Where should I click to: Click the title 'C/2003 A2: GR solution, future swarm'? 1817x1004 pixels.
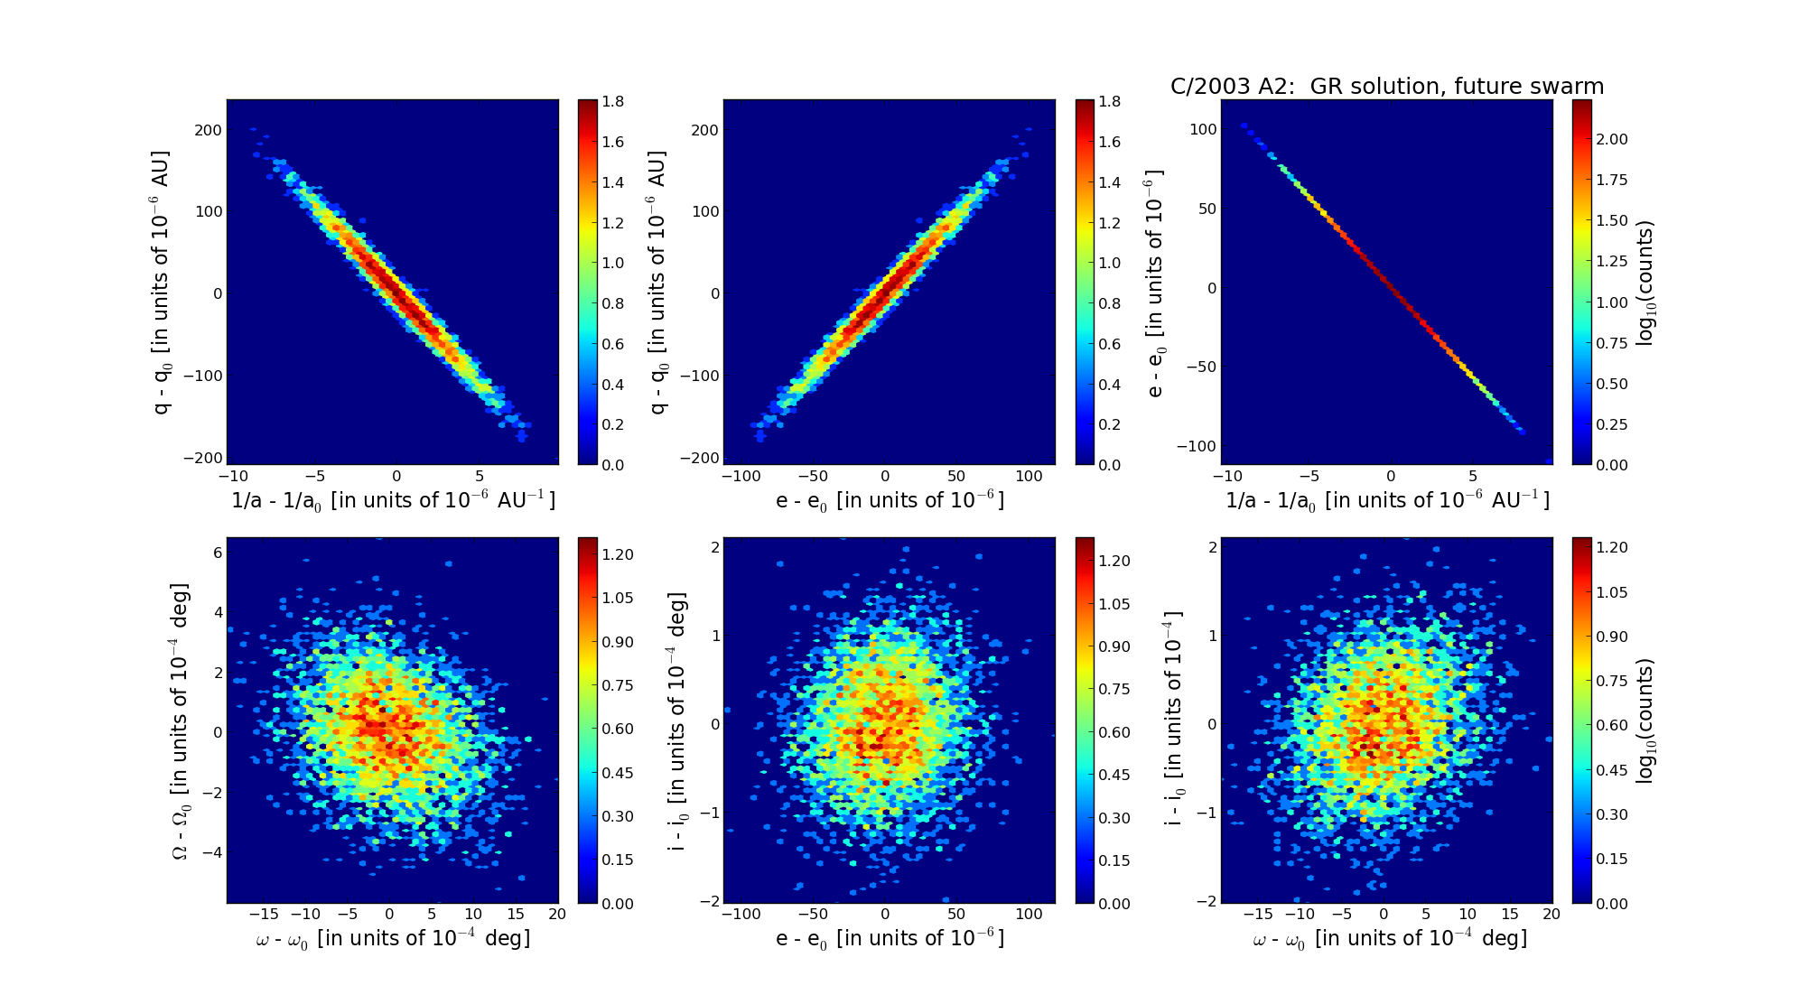click(1386, 87)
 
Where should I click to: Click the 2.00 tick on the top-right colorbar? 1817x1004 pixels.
click(1613, 139)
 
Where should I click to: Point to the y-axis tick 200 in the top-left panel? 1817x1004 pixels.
click(208, 130)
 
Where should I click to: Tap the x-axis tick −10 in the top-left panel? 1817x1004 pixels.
click(232, 477)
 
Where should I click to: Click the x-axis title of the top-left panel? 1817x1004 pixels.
click(393, 500)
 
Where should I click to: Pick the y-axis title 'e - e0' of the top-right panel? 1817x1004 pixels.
click(1156, 284)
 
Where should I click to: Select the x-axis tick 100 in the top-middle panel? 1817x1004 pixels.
click(1029, 477)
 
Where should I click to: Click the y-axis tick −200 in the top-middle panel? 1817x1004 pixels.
click(700, 459)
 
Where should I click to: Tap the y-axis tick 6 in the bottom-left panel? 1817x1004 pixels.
click(217, 553)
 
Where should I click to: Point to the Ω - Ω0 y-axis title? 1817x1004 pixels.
click(182, 720)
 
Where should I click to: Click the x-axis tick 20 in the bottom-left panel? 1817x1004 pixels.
click(556, 915)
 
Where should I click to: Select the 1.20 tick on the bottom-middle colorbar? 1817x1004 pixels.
click(1114, 561)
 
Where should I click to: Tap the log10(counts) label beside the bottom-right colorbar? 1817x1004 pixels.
click(1645, 720)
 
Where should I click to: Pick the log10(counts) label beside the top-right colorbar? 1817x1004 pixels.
click(1645, 284)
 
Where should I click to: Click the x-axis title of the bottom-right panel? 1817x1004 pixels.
click(1390, 939)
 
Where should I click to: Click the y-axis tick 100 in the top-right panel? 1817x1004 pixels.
click(1202, 129)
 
